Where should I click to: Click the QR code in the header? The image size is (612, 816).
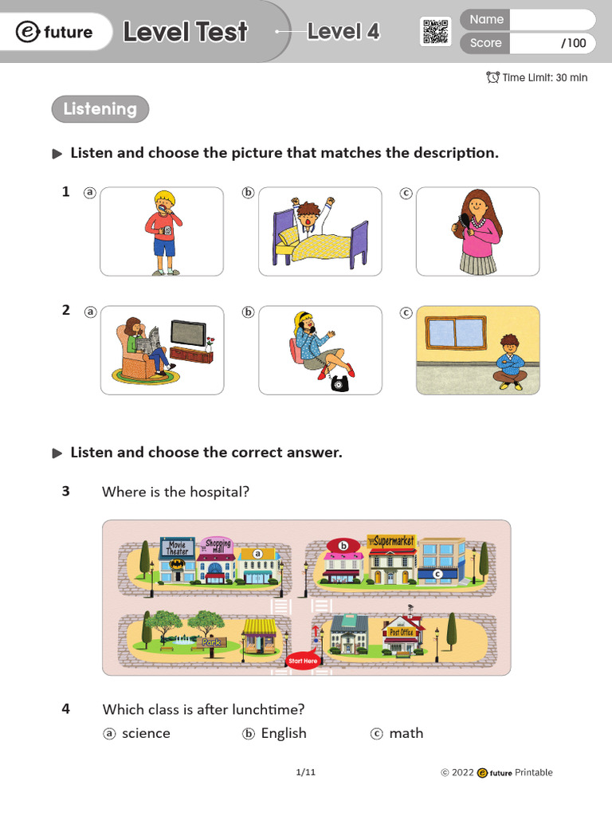click(x=435, y=31)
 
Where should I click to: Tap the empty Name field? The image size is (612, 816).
click(x=551, y=19)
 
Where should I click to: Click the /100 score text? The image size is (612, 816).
click(x=573, y=43)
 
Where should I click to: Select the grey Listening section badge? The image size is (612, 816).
click(x=100, y=109)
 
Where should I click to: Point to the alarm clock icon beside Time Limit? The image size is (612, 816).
click(x=492, y=77)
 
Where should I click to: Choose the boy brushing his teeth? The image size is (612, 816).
click(x=164, y=231)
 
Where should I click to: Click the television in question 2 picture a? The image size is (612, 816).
click(x=188, y=333)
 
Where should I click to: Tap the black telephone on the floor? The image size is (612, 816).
click(x=343, y=383)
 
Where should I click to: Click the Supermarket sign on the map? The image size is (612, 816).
click(x=390, y=542)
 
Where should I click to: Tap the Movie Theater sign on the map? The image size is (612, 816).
click(x=178, y=548)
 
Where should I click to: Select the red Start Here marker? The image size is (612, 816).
click(x=303, y=661)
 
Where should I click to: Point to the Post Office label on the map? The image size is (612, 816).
click(x=401, y=633)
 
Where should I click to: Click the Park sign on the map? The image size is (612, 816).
click(x=210, y=641)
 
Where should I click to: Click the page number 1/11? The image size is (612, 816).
click(x=306, y=772)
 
